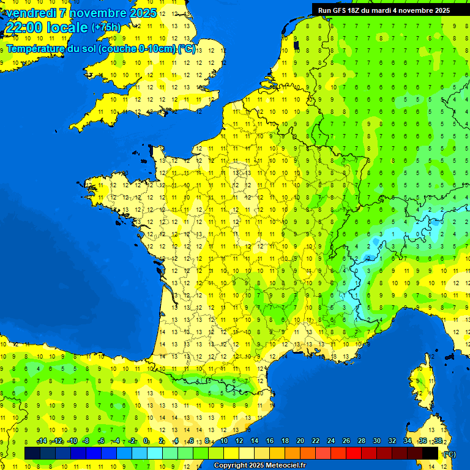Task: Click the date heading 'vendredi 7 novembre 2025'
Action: click(81, 13)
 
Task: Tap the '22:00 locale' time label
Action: click(47, 28)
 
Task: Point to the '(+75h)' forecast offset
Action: click(106, 28)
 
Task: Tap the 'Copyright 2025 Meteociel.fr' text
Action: click(259, 466)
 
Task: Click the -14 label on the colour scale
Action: click(42, 441)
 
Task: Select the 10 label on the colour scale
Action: click(224, 441)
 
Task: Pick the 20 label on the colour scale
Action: click(300, 441)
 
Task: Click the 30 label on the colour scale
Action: click(377, 441)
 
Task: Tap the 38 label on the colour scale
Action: click(438, 441)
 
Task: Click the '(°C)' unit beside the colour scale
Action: click(449, 453)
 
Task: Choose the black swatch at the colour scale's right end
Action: click(430, 453)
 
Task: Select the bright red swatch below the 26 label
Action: click(354, 453)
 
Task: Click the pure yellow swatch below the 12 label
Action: click(231, 453)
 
